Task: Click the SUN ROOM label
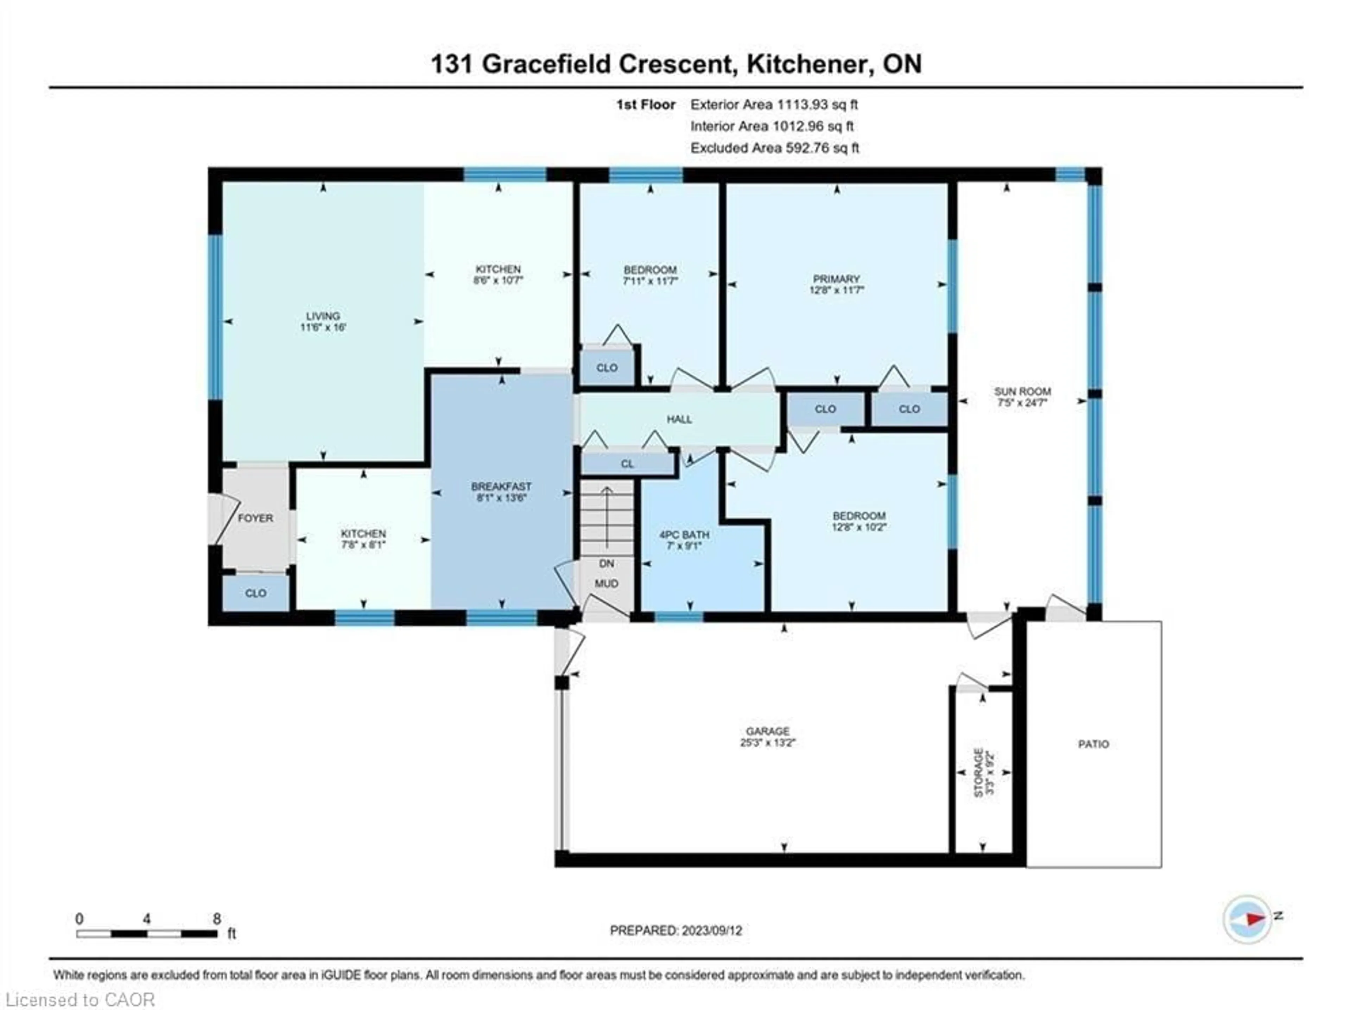[x=1022, y=392]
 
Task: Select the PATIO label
[x=1093, y=744]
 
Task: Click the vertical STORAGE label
[x=978, y=773]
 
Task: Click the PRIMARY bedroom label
[x=836, y=279]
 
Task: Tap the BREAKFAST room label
[x=501, y=487]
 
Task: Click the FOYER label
[x=255, y=518]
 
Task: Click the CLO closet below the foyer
[x=255, y=593]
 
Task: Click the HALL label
[x=679, y=419]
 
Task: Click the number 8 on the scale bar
[x=217, y=919]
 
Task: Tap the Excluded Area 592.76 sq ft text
[x=774, y=148]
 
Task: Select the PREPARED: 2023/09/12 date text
[x=675, y=930]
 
